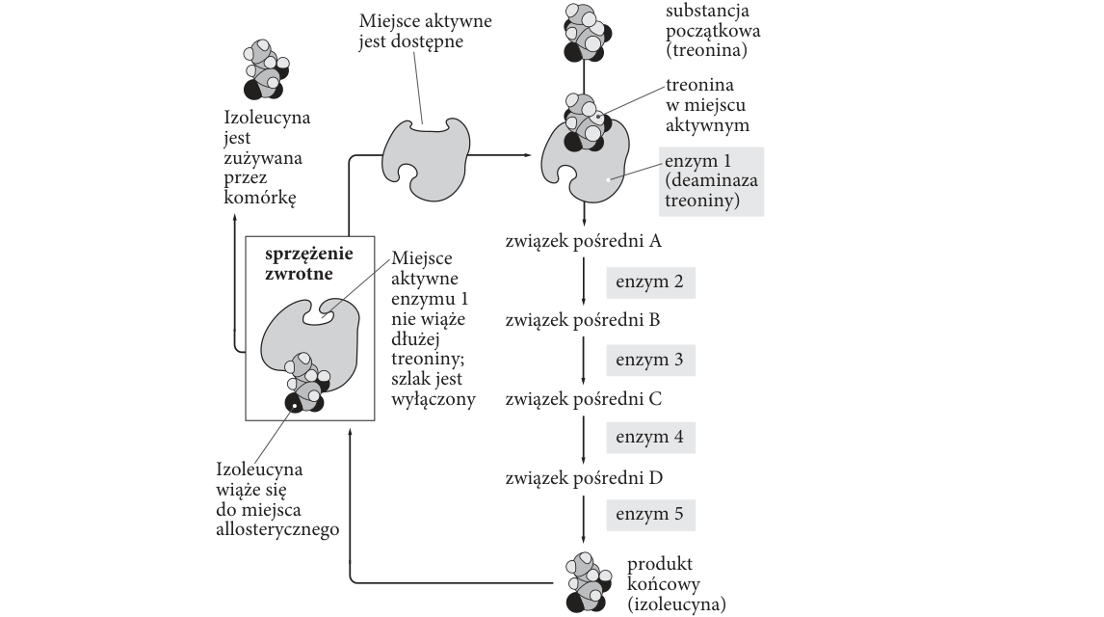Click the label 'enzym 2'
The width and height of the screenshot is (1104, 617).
650,282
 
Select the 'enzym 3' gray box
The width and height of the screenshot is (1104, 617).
650,360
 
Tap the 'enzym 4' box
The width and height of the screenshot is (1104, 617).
650,438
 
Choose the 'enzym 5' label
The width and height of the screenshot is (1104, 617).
650,514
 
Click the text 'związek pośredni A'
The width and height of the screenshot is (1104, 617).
584,241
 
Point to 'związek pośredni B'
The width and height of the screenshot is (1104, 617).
583,320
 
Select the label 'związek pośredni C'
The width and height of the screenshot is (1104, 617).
584,399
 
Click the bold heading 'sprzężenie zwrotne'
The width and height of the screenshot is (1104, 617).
309,263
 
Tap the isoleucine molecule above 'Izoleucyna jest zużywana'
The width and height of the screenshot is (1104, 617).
266,69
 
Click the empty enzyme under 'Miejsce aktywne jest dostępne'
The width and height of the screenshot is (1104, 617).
425,159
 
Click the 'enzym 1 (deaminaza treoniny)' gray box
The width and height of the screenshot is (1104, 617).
711,181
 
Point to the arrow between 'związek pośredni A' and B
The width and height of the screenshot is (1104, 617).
584,282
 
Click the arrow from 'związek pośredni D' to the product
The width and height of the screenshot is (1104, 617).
584,519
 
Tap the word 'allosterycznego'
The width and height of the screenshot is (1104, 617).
277,529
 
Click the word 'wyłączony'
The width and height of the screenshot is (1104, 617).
434,399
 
